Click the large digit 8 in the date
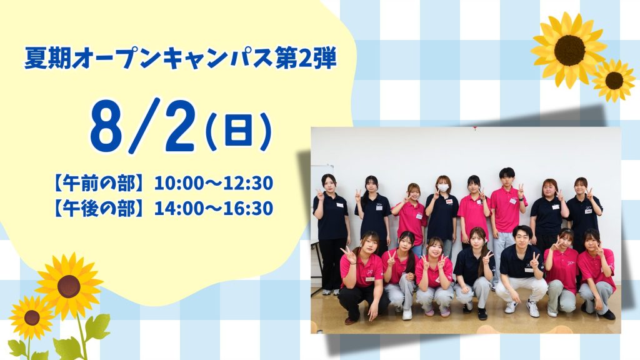tap(106, 126)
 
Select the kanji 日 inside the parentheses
tap(238, 131)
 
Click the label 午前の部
tap(99, 183)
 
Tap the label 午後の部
tap(99, 208)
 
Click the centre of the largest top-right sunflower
tap(569, 50)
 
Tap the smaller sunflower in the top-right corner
tap(614, 81)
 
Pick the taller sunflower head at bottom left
tap(69, 286)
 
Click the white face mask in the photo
tap(443, 187)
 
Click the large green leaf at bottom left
tap(97, 327)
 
